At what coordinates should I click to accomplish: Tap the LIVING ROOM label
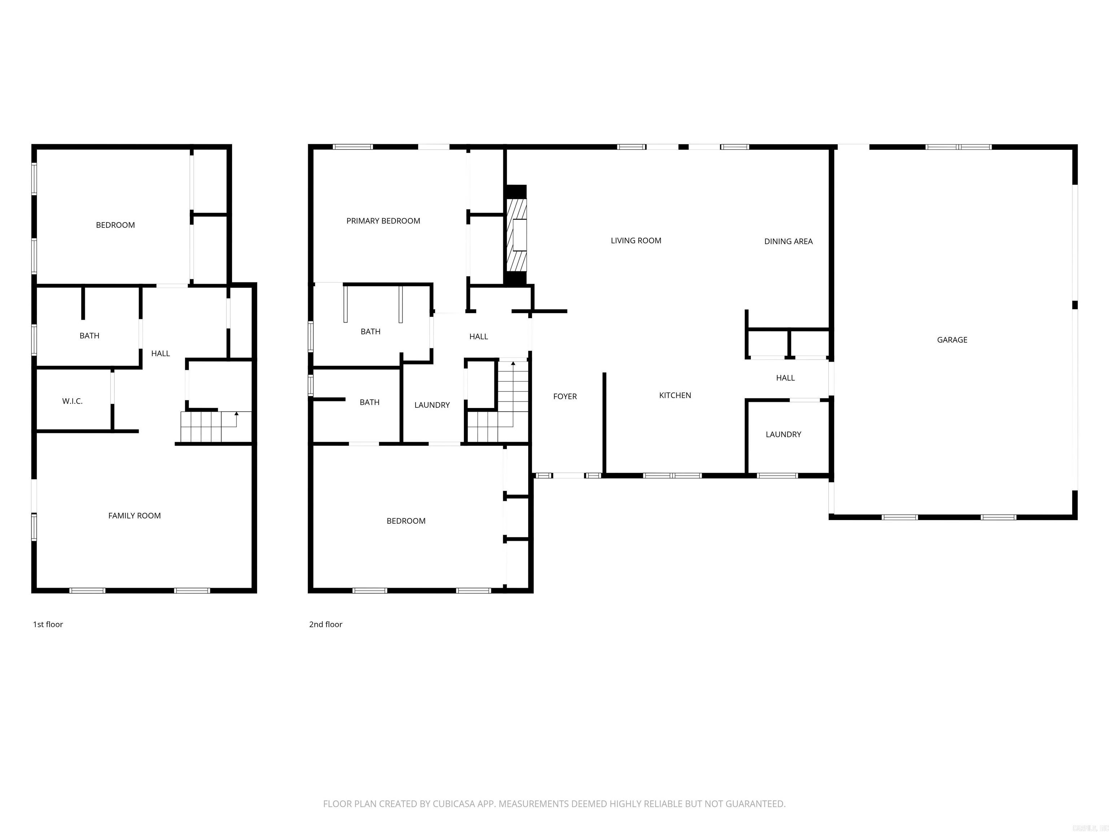636,241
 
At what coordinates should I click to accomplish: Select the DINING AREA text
788,242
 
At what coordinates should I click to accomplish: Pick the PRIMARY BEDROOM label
383,221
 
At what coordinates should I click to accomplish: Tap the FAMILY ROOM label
134,516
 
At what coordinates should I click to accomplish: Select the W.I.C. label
72,402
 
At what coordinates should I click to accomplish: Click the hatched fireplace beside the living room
516,235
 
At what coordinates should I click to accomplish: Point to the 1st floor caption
48,624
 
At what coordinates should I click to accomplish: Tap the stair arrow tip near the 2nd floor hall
513,363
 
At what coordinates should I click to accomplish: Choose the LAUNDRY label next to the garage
783,435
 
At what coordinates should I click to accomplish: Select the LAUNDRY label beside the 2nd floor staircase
432,405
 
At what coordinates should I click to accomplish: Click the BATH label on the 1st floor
89,336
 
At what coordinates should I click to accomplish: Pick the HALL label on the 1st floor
160,354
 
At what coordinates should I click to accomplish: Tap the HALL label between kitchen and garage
785,378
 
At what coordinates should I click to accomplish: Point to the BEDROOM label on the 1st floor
115,225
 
